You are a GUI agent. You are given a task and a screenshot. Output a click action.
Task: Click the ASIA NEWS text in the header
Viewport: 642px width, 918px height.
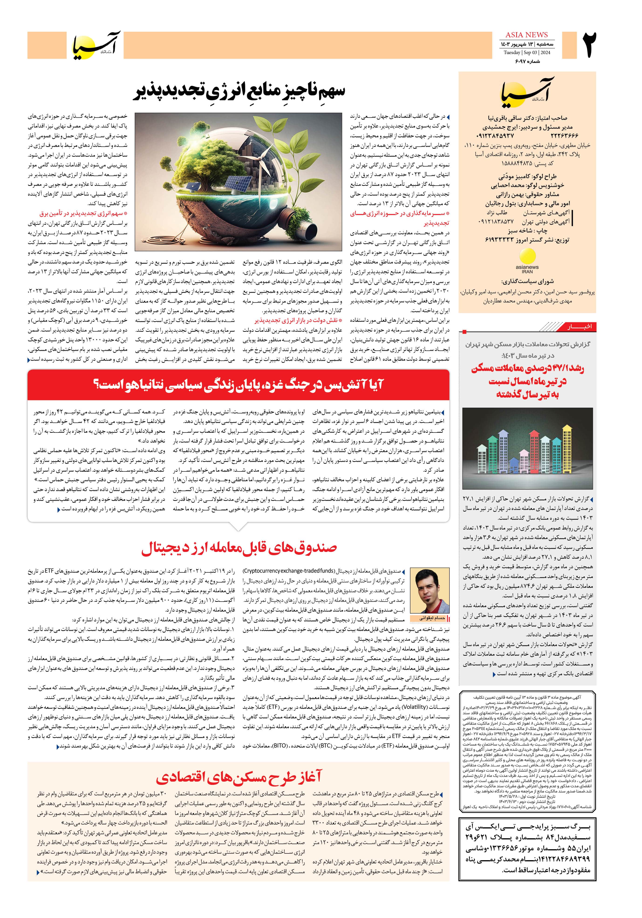[526, 35]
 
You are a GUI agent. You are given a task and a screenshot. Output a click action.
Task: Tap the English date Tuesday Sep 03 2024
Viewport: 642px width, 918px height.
[526, 52]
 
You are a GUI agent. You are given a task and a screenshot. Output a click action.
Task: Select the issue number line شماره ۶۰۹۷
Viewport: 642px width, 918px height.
[528, 61]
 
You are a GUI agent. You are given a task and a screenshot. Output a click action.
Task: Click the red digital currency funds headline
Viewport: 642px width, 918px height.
[239, 548]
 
